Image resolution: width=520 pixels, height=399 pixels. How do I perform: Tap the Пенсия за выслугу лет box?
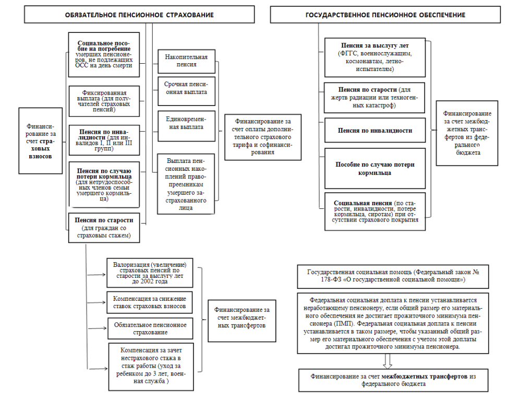374,57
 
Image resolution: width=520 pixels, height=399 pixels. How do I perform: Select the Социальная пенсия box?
374,211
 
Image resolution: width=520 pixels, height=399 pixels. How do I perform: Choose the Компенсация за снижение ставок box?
150,302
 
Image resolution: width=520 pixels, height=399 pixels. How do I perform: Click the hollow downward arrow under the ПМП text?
387,360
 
